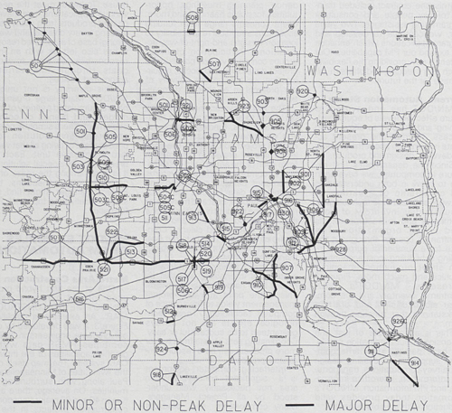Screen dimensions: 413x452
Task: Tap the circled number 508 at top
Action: [x=192, y=18]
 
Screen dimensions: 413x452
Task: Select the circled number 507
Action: [x=214, y=65]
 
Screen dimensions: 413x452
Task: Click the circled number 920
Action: [x=301, y=93]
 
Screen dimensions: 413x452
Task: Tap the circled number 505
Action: [x=109, y=136]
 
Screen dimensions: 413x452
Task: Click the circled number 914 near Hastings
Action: [x=415, y=362]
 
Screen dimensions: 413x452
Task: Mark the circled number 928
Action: [x=341, y=249]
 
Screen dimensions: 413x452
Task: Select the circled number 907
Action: [x=287, y=268]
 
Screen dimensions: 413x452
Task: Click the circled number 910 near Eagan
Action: [x=258, y=285]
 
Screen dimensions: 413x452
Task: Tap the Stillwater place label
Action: [x=391, y=123]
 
